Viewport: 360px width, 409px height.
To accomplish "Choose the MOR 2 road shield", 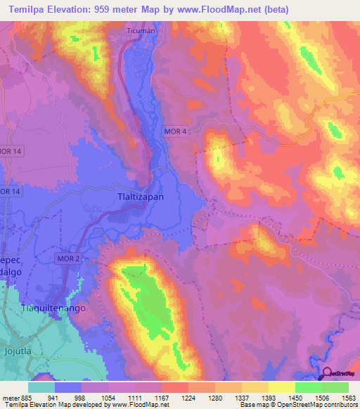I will coord(69,259).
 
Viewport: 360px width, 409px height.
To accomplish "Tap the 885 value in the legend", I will coord(28,397).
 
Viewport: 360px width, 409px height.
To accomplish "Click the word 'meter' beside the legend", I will coord(9,397).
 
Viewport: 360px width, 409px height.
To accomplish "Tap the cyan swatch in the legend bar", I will coord(41,387).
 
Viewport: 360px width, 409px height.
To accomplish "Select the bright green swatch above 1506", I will coord(309,387).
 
